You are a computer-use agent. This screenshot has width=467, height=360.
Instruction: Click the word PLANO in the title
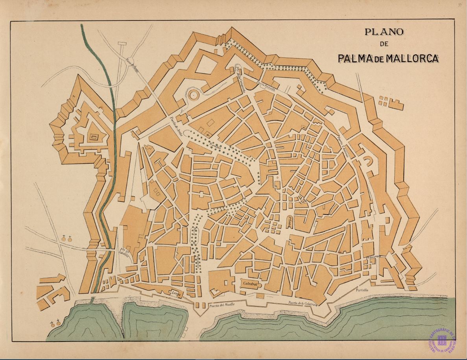[384, 32]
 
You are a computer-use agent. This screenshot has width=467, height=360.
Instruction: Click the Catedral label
[250, 283]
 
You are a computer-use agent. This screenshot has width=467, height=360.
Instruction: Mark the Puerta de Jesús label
[176, 125]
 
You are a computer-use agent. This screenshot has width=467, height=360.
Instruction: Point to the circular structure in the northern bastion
[193, 95]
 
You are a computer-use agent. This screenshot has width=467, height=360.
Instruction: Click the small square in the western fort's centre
[94, 137]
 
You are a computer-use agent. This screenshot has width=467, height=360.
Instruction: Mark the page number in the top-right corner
[460, 5]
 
